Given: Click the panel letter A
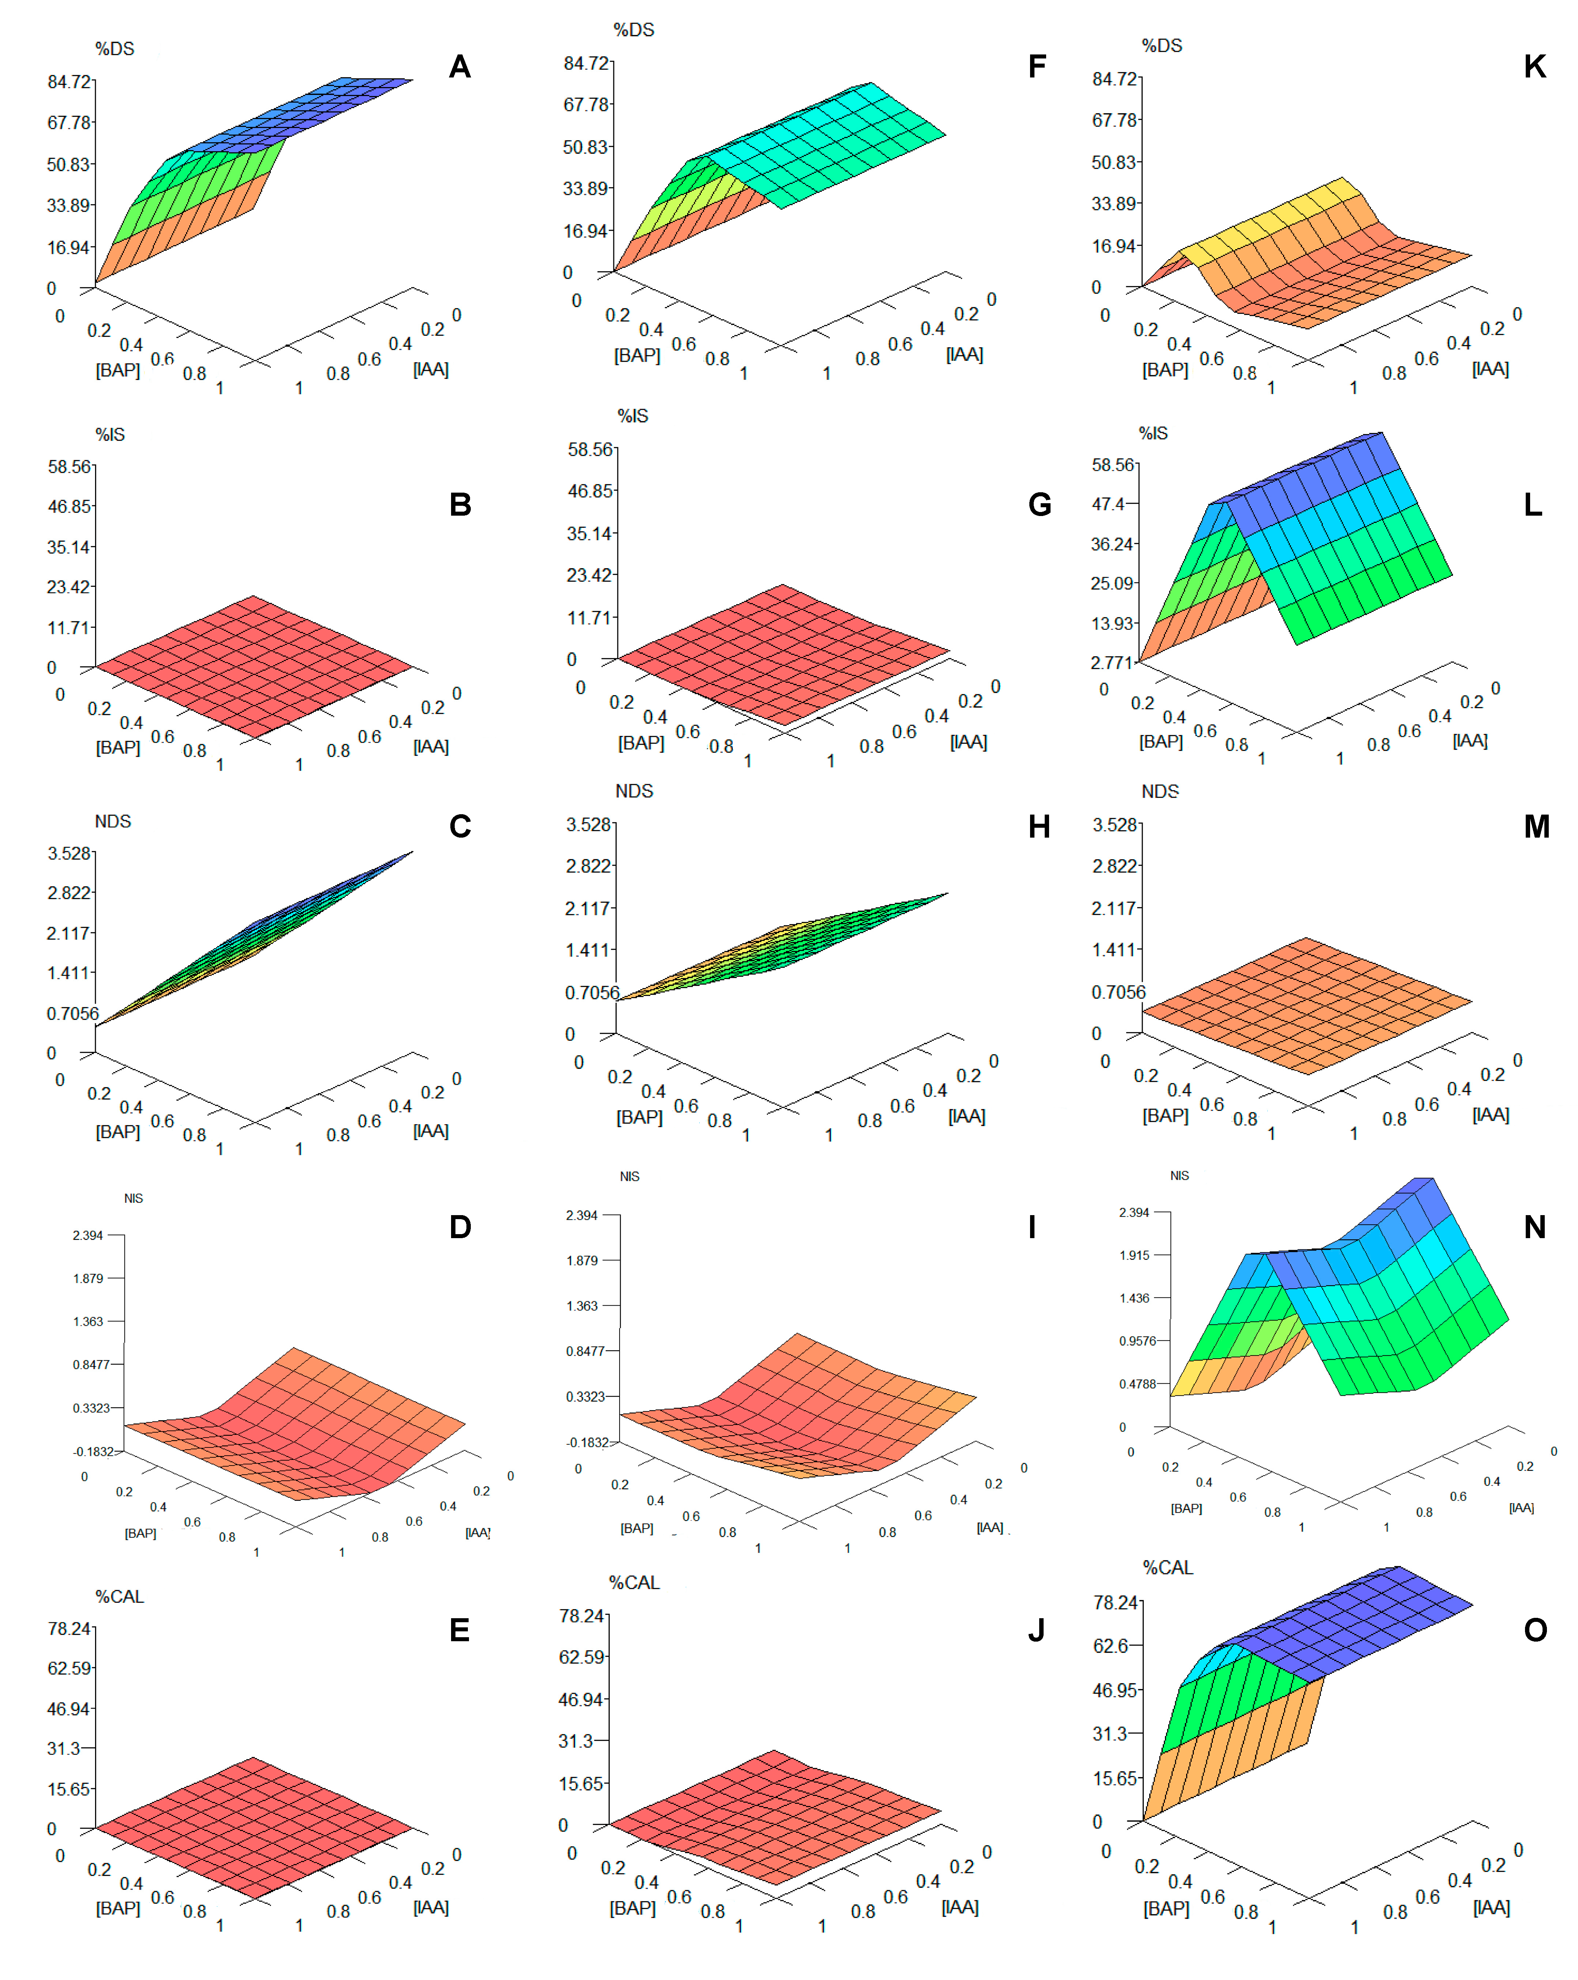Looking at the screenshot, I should pyautogui.click(x=459, y=67).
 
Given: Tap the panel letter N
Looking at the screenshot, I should pyautogui.click(x=1534, y=1227).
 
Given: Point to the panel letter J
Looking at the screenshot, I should pyautogui.click(x=1036, y=1630).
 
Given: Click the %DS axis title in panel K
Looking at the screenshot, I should pyautogui.click(x=1161, y=46).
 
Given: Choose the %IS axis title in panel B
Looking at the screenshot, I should pyautogui.click(x=110, y=435).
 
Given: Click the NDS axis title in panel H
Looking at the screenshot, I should pyautogui.click(x=634, y=791).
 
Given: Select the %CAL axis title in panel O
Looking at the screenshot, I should pyautogui.click(x=1168, y=1568).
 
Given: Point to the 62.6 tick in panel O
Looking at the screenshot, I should pyautogui.click(x=1110, y=1646).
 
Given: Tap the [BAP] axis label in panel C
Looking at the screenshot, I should pyautogui.click(x=118, y=1131).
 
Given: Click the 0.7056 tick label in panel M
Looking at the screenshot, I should pyautogui.click(x=1118, y=992).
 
